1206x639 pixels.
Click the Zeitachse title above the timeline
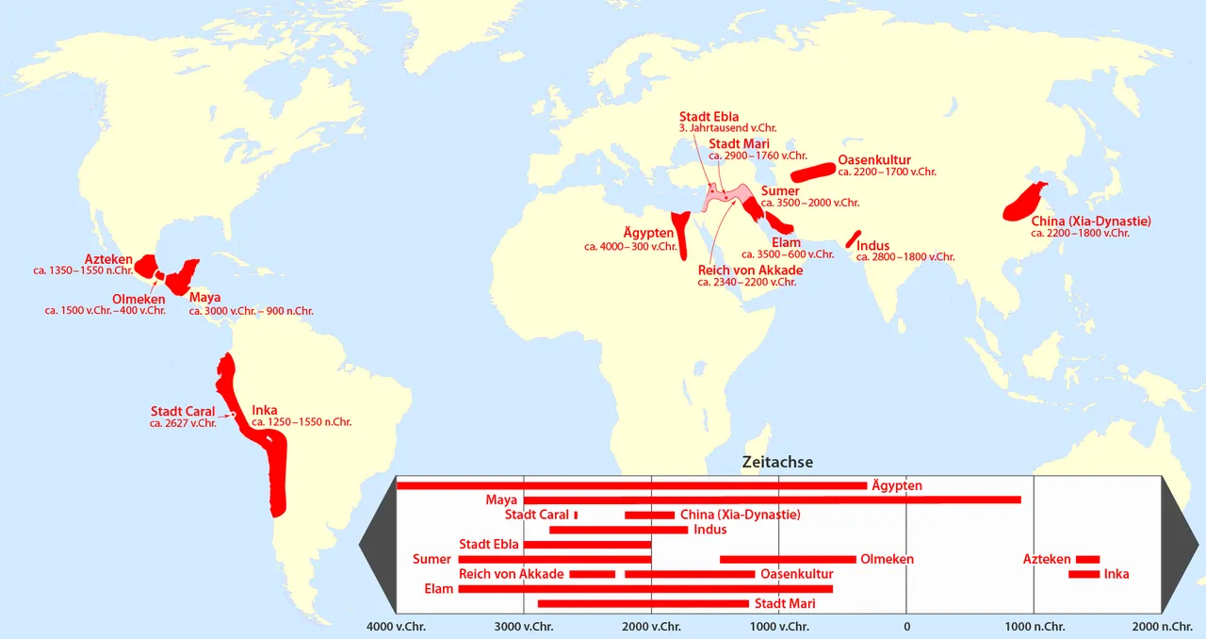coord(777,463)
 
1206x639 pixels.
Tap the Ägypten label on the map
coord(648,233)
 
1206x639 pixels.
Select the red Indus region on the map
coord(854,238)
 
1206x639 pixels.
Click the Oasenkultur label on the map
coord(874,160)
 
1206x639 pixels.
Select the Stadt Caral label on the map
coord(183,412)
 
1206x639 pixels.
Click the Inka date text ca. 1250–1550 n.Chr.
coord(301,422)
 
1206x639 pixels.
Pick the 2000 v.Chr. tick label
coord(651,626)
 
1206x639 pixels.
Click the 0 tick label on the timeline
coord(906,626)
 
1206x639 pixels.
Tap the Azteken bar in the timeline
coord(1088,559)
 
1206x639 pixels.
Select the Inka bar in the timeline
coord(1084,574)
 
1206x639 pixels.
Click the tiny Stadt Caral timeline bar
coord(576,515)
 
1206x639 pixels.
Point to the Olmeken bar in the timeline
coord(788,559)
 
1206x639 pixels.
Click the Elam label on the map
coord(786,243)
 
